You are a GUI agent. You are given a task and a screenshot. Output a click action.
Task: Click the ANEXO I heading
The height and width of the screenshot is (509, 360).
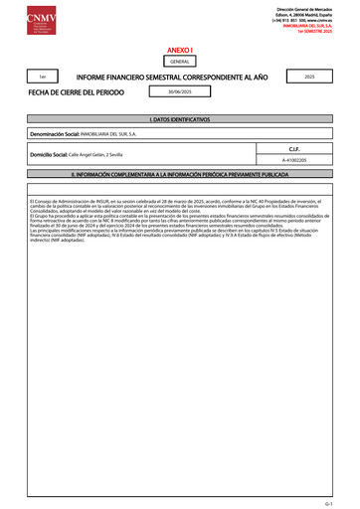click(179, 49)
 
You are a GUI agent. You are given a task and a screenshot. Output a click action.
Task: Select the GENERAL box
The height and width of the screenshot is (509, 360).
click(179, 62)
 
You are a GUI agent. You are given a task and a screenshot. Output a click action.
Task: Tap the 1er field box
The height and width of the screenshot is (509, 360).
click(42, 77)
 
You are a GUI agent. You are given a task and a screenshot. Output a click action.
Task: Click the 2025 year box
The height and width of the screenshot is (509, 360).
click(310, 76)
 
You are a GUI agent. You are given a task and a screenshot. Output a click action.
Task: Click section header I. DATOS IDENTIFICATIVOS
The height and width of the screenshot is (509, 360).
click(179, 119)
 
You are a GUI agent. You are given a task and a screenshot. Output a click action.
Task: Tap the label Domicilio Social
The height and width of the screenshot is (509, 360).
click(51, 157)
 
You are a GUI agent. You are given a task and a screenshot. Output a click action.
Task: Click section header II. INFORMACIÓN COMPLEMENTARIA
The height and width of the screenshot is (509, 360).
click(179, 174)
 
